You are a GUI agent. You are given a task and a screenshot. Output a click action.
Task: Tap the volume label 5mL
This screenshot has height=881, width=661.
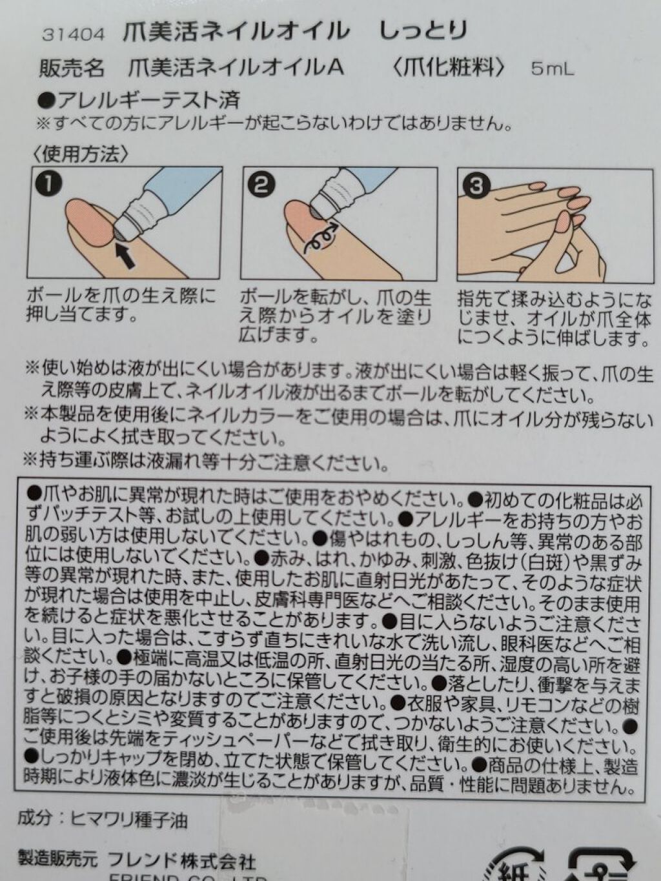553,70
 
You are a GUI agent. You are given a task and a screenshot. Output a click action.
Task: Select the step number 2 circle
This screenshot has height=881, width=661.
261,185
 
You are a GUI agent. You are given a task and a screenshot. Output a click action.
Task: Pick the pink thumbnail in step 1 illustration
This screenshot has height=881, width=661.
89,224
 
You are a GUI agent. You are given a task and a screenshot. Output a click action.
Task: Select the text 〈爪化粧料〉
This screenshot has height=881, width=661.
447,68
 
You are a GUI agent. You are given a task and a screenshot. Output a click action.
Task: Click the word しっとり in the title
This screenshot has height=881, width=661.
423,32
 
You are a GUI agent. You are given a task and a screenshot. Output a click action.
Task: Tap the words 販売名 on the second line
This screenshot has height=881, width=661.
72,68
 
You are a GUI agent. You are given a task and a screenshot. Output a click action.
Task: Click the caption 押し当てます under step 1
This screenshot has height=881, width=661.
79,316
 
